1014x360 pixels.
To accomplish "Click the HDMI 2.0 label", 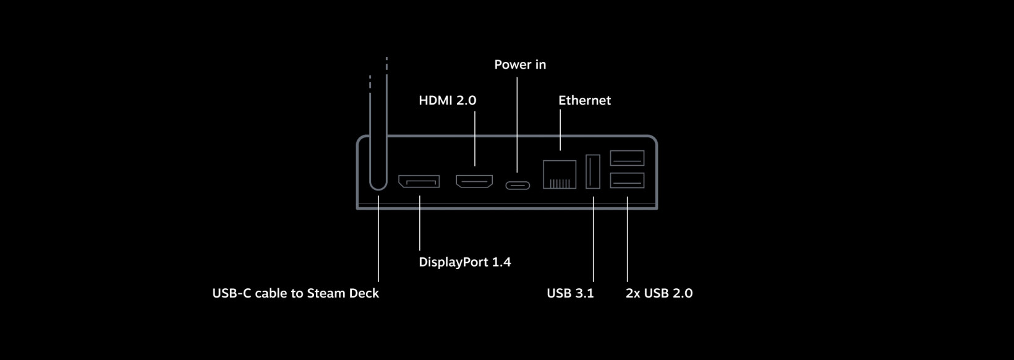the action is point(447,100).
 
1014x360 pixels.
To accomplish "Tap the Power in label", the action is point(520,65).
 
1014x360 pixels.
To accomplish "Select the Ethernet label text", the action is point(584,100).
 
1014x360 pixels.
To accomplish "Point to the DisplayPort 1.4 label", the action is point(465,262).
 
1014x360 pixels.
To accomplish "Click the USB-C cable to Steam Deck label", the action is point(296,293).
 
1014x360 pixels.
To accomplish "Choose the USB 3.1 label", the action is point(570,293).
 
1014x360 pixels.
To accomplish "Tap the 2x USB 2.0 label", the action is point(659,293).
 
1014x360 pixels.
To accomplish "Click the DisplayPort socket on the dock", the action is point(419,181).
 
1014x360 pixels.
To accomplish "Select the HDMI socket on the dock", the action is point(474,181).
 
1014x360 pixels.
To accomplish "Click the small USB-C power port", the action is point(518,185).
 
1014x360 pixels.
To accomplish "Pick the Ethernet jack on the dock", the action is point(560,174).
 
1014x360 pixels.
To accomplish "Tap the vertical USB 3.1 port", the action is point(593,171).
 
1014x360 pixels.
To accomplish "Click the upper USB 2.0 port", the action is point(627,158).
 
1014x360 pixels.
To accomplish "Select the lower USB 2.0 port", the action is point(627,180).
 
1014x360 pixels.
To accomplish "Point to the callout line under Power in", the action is point(517,124).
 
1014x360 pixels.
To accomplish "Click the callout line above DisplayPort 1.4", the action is point(420,223).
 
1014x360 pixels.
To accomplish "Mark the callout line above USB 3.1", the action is point(593,239).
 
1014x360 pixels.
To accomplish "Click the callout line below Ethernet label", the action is point(560,130).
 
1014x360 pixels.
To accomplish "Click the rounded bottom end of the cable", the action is point(378,189).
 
